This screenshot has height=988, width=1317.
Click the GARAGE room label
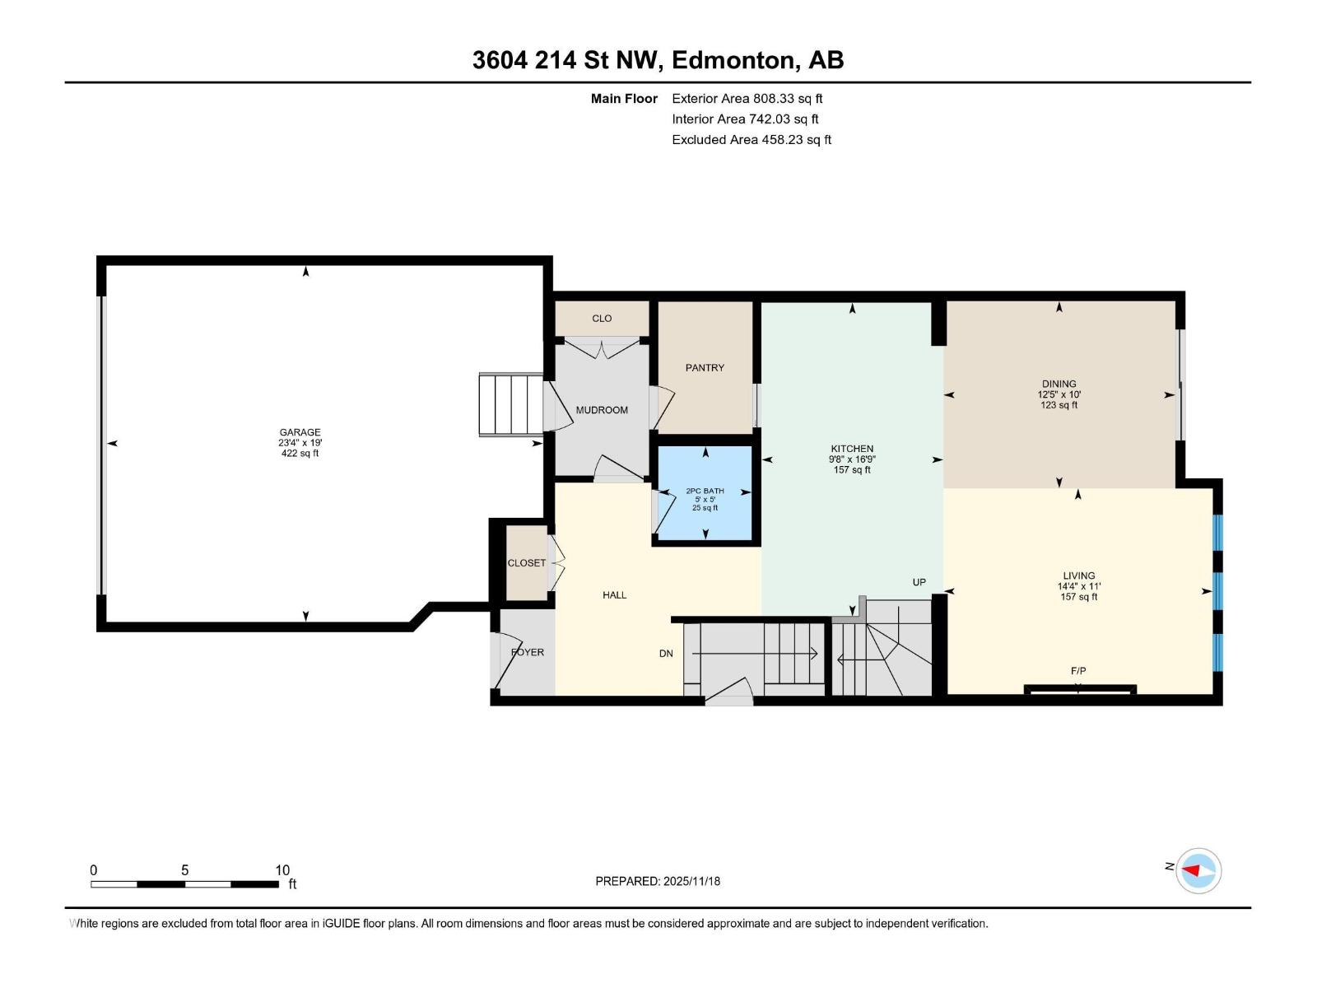(300, 432)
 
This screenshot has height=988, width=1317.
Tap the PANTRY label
(705, 368)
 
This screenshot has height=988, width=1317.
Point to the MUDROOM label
(602, 410)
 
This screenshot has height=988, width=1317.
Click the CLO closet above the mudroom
(602, 319)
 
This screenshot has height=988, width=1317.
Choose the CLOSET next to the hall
(526, 563)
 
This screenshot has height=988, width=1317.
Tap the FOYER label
(528, 652)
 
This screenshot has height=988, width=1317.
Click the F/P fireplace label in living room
(1078, 671)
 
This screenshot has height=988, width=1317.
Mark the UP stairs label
(919, 582)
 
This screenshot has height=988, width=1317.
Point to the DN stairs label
(666, 654)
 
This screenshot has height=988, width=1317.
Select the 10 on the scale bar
(282, 870)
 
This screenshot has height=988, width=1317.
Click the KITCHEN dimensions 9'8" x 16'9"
(852, 459)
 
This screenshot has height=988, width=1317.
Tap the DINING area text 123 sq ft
(1059, 405)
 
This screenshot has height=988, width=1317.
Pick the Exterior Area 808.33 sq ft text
(747, 99)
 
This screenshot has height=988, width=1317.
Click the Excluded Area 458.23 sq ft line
(751, 140)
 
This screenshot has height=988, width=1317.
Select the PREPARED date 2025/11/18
(658, 881)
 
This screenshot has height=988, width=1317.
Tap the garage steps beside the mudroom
(511, 404)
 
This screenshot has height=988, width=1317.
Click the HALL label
(614, 595)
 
